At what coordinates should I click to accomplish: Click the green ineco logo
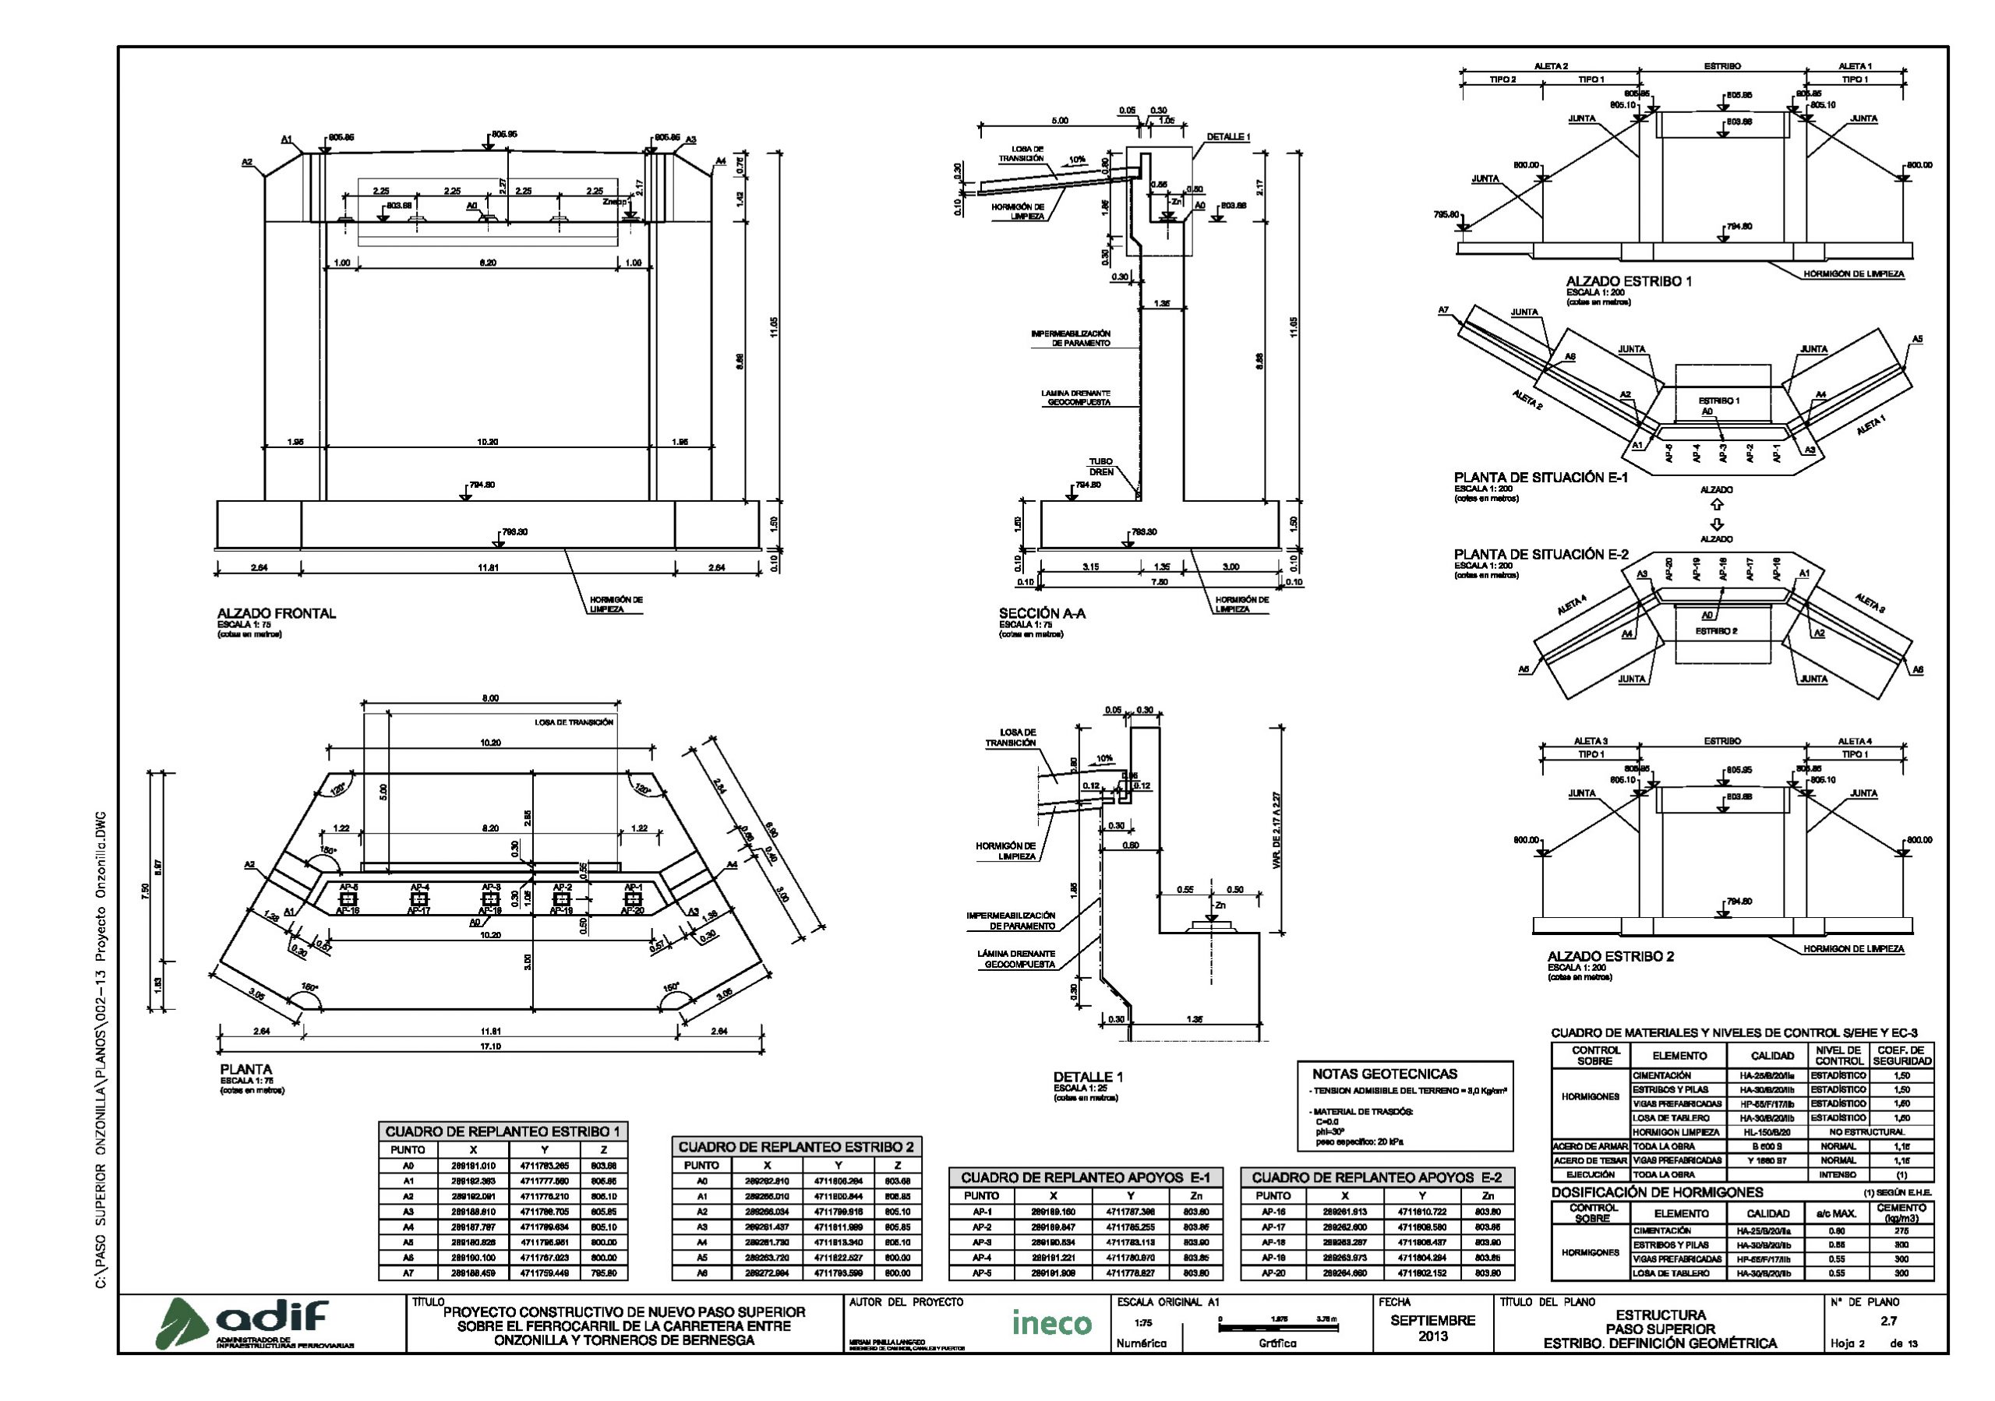(x=1051, y=1323)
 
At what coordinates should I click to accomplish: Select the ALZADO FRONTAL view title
(x=277, y=613)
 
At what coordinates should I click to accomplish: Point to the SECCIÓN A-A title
(x=1042, y=613)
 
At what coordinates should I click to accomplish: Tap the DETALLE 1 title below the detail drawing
(x=1088, y=1077)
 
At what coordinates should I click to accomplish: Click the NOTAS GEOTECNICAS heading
(x=1384, y=1075)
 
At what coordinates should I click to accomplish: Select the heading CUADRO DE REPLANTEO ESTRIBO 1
(x=502, y=1131)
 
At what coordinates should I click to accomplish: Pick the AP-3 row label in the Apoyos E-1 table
(x=981, y=1242)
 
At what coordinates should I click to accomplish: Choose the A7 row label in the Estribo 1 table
(x=408, y=1273)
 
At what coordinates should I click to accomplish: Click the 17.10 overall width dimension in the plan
(x=491, y=1046)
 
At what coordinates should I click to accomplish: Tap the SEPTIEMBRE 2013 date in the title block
(x=1433, y=1328)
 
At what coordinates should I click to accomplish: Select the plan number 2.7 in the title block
(x=1888, y=1321)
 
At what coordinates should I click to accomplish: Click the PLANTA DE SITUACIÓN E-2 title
(x=1541, y=554)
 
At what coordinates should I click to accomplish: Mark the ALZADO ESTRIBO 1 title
(x=1628, y=281)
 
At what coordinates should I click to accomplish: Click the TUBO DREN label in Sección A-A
(x=1101, y=467)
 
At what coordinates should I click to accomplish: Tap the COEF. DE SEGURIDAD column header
(x=1901, y=1055)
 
